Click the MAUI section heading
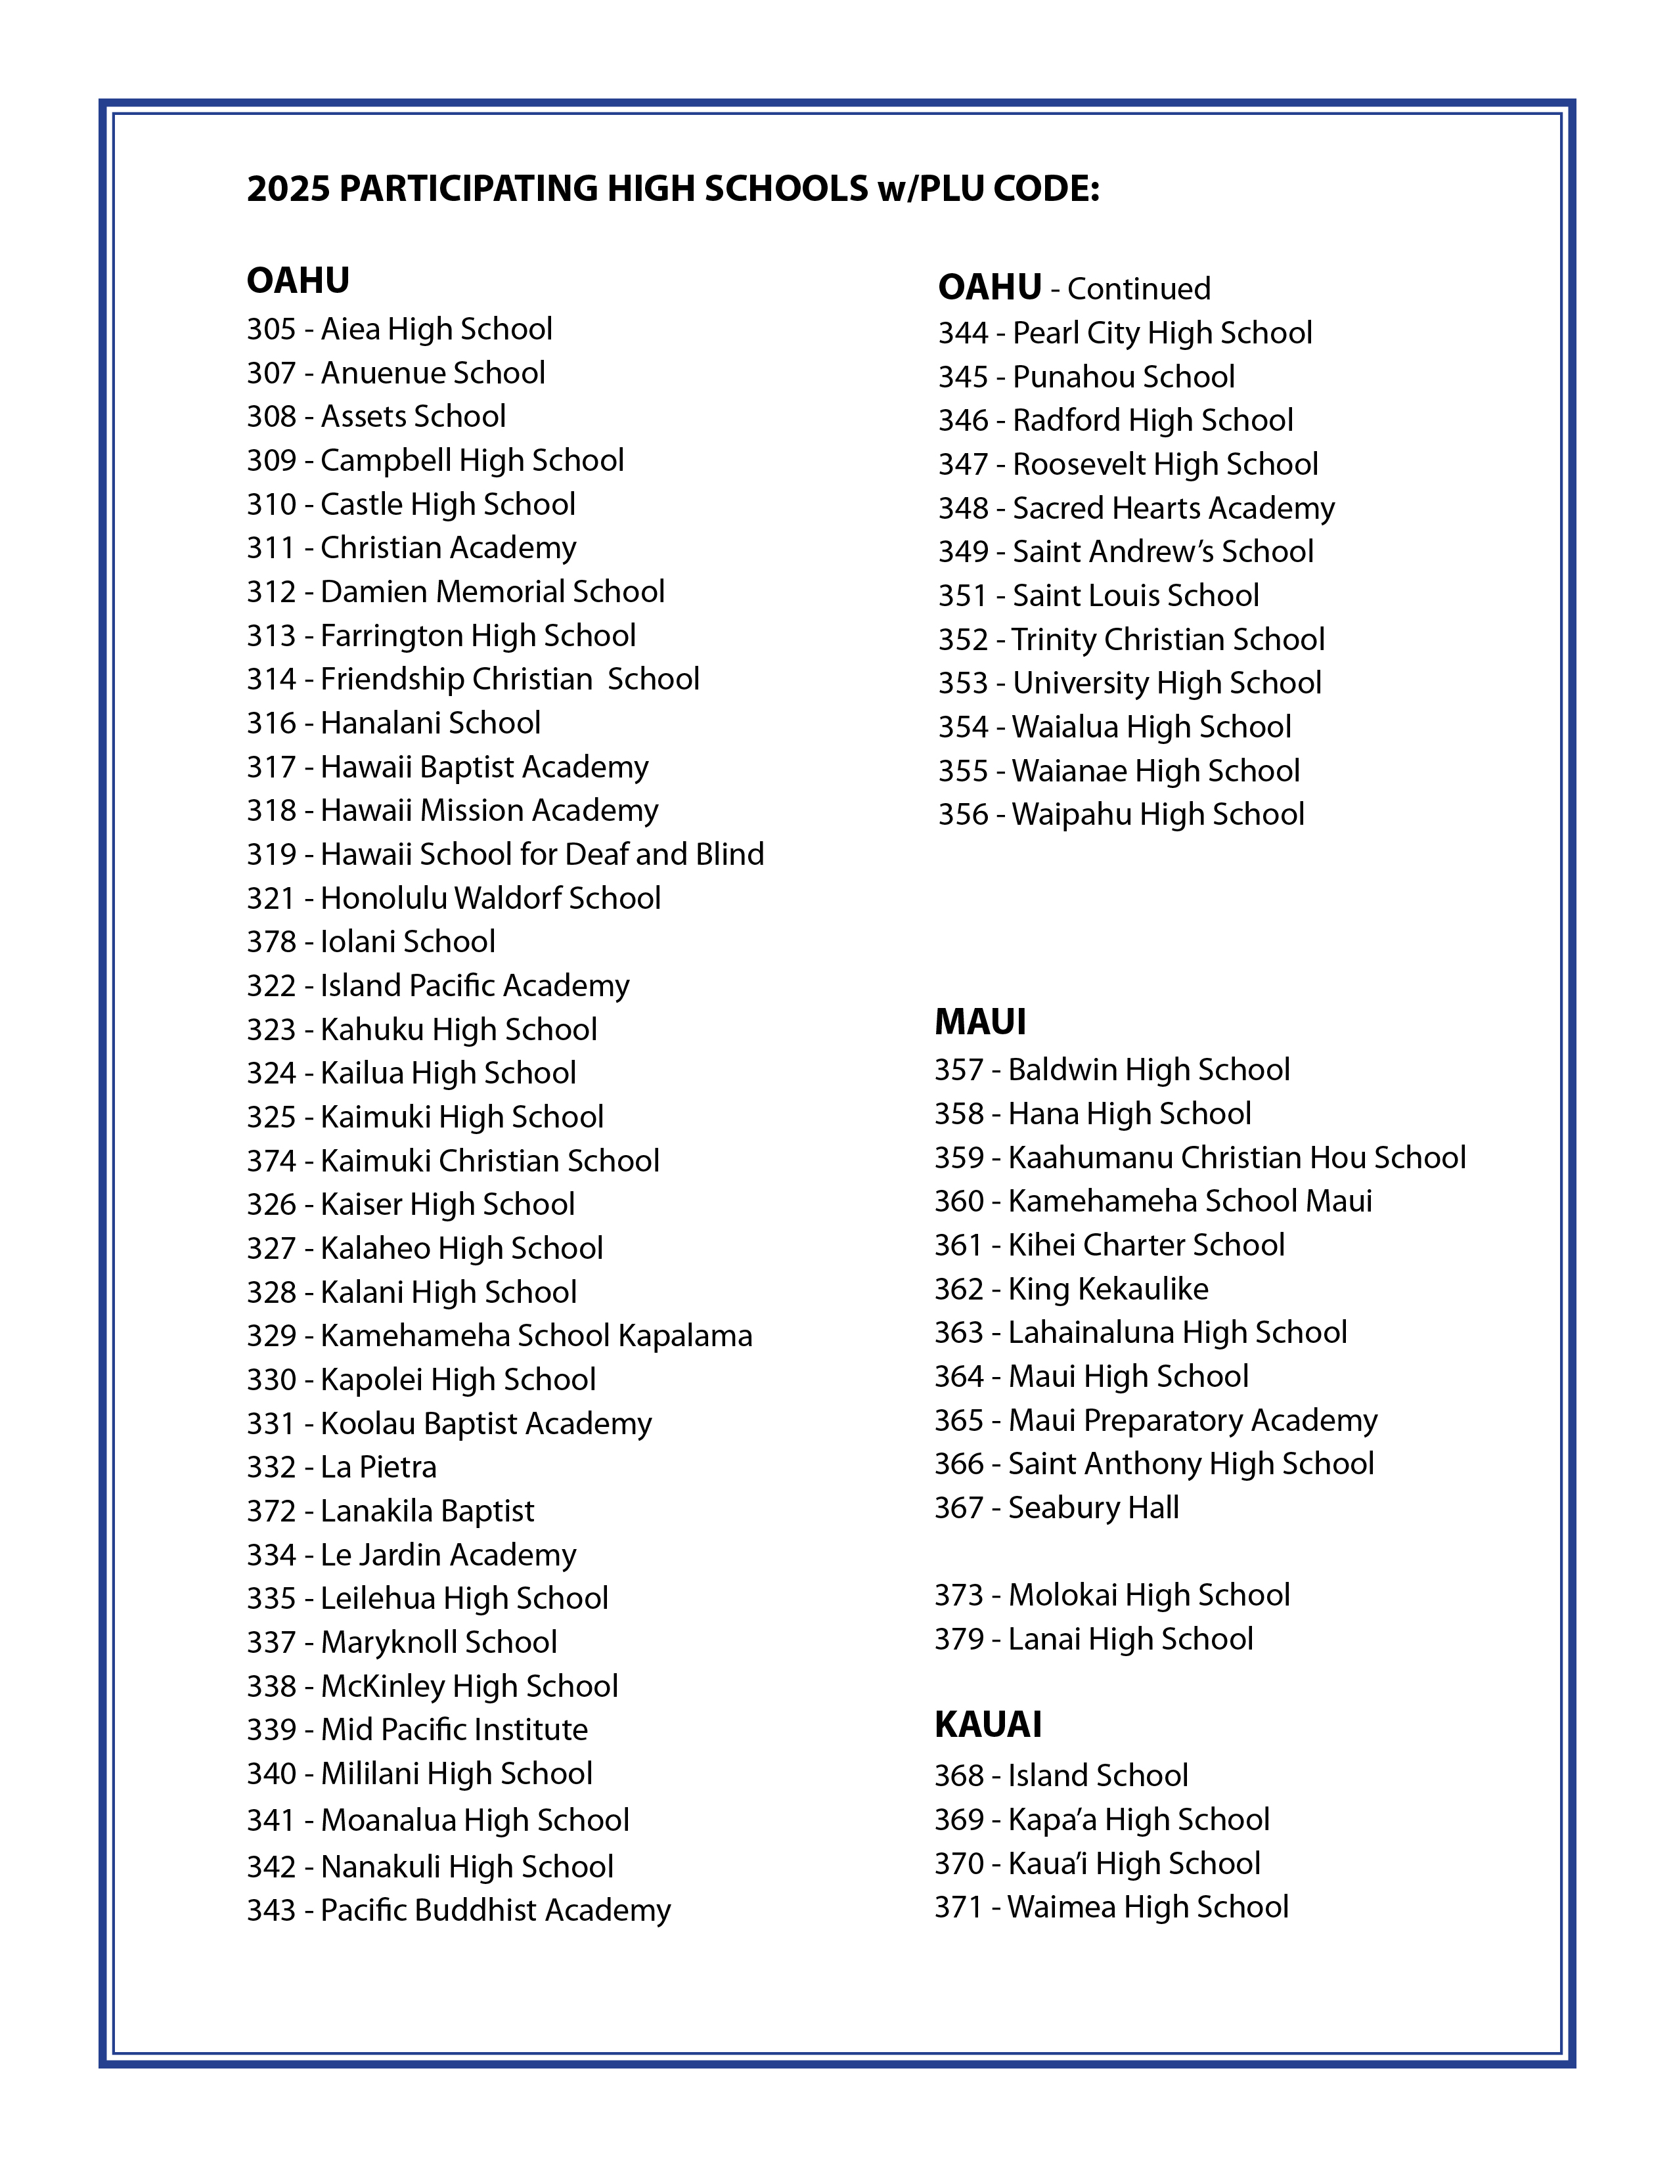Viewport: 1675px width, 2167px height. coord(981,1022)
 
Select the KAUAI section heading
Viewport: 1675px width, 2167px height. coord(989,1724)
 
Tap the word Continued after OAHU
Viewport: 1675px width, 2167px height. coord(1138,289)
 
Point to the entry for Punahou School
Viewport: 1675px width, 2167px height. coord(1086,377)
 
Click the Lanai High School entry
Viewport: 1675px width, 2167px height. coord(1094,1638)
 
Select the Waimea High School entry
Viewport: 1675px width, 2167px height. coord(1111,1906)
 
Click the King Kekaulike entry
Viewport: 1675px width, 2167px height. coord(1072,1289)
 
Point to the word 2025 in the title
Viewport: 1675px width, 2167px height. coord(287,188)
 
